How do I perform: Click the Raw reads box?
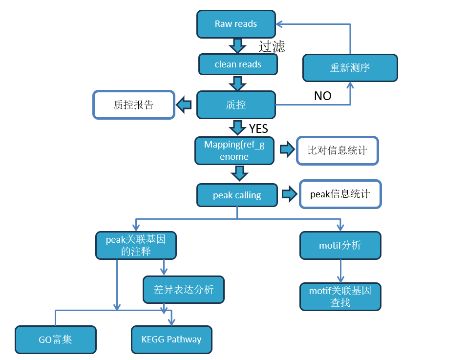(x=236, y=24)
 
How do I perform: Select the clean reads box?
(x=238, y=64)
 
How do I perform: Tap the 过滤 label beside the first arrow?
(x=272, y=46)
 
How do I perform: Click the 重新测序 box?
(x=350, y=67)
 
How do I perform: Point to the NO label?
(x=322, y=96)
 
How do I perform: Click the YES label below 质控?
(x=258, y=128)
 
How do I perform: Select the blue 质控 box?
(x=236, y=105)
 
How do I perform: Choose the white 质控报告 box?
(x=134, y=105)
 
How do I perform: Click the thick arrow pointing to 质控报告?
(x=184, y=104)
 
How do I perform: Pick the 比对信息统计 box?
(x=337, y=150)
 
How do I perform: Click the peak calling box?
(x=237, y=195)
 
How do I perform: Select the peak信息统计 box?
(x=340, y=194)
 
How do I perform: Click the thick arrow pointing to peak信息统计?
(x=289, y=194)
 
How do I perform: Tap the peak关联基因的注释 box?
(x=135, y=246)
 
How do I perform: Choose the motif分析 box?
(x=340, y=245)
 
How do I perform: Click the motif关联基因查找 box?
(x=340, y=296)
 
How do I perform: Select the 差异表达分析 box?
(x=184, y=289)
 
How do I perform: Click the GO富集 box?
(x=56, y=339)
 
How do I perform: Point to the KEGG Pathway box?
(x=171, y=339)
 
